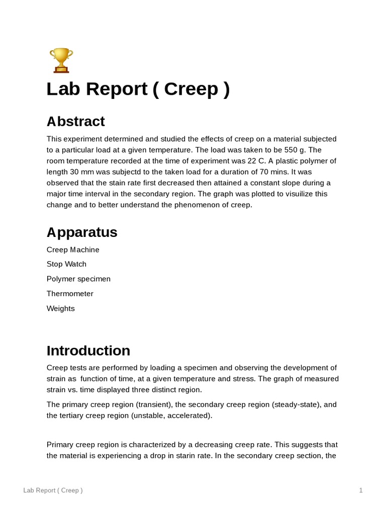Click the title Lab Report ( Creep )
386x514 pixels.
point(138,89)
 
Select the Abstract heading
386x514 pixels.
point(75,121)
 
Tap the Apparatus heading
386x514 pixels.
point(81,232)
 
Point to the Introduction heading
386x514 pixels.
point(88,350)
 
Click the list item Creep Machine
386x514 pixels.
point(73,249)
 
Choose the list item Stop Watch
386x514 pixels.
point(66,264)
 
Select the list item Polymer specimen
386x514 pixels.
point(78,279)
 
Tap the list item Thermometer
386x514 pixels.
point(70,294)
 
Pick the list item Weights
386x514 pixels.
point(60,308)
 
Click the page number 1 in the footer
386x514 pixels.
point(361,490)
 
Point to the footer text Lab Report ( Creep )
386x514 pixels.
point(53,490)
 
